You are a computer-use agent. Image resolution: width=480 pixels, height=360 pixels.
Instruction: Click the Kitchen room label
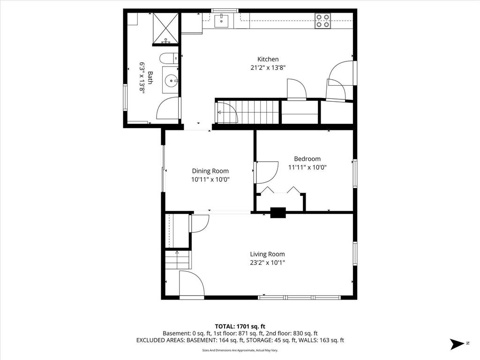[268, 59]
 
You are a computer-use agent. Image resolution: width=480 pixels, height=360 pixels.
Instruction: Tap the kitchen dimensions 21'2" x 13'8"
[268, 67]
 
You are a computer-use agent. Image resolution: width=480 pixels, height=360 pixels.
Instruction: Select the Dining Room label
[210, 171]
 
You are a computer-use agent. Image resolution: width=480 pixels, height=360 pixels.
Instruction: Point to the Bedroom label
[307, 158]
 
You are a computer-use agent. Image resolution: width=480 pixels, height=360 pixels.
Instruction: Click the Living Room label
[267, 254]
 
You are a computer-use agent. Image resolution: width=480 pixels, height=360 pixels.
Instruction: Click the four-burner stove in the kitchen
[322, 21]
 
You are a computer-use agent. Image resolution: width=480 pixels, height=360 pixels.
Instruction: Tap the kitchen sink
[221, 21]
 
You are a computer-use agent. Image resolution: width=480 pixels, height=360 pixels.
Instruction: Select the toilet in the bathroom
[168, 59]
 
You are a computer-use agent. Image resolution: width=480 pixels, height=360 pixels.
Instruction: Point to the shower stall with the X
[165, 29]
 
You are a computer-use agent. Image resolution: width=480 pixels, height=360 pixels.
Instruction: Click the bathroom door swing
[168, 108]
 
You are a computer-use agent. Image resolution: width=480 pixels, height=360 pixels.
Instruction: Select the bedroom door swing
[266, 172]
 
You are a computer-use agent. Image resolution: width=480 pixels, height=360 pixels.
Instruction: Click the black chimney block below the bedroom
[278, 213]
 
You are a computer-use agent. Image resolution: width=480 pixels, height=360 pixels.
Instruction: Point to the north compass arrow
[457, 344]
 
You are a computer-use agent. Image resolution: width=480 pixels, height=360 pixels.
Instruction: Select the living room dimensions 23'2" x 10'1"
[267, 262]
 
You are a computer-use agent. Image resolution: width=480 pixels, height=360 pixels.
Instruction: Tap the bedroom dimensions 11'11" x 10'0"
[307, 167]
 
